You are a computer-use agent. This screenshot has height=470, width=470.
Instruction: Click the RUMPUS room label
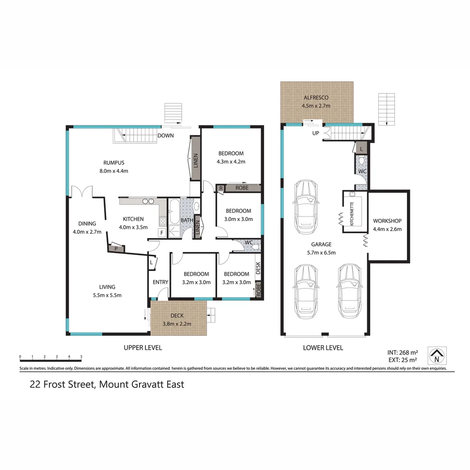click(114, 163)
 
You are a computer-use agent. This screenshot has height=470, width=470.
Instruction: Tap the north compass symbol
click(437, 356)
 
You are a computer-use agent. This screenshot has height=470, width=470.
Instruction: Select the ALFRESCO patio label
click(316, 97)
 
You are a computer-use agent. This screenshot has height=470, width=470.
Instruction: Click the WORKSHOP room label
click(387, 221)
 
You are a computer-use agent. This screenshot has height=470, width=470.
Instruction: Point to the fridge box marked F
click(162, 233)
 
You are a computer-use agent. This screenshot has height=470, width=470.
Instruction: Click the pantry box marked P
click(116, 248)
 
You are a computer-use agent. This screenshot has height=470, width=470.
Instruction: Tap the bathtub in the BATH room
click(174, 211)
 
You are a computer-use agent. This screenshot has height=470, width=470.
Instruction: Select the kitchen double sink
click(148, 201)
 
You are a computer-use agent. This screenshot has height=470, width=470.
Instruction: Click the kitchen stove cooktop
click(163, 222)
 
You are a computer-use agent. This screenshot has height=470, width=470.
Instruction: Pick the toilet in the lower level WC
click(362, 161)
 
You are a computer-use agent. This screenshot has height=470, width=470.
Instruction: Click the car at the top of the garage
click(305, 207)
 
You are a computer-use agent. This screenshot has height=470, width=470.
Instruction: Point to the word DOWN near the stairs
click(165, 135)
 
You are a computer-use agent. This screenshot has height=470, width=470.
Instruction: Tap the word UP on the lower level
click(316, 133)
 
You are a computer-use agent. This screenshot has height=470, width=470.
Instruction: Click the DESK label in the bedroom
click(258, 268)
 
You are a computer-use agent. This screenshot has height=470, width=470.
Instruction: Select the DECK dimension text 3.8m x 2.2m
click(177, 324)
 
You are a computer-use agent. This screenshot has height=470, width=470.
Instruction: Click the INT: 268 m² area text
click(403, 352)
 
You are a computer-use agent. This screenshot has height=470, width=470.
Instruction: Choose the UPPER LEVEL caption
click(143, 348)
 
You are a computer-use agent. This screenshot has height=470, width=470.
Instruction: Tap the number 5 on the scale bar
click(81, 357)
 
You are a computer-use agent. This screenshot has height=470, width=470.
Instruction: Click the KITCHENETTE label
click(352, 214)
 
